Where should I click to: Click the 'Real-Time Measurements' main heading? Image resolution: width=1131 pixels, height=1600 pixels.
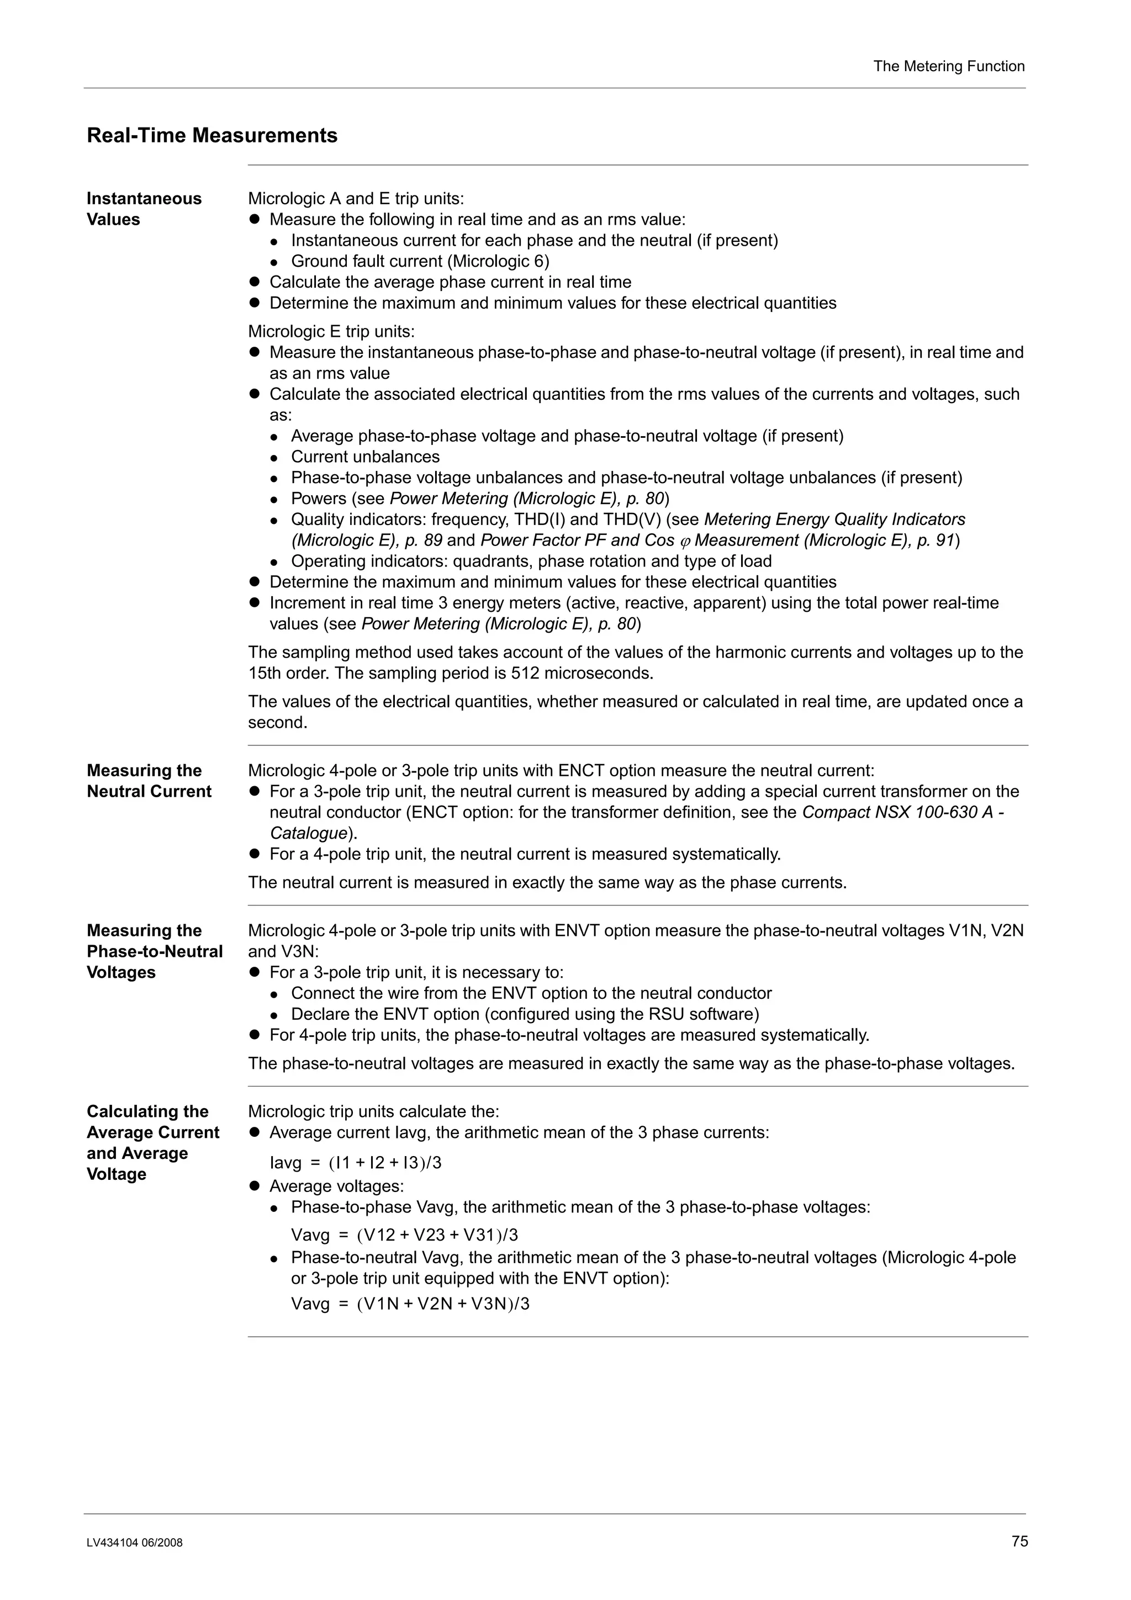click(212, 135)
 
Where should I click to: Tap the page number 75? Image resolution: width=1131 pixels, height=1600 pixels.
click(1019, 1541)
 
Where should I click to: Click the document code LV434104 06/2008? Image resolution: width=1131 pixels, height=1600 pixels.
click(135, 1543)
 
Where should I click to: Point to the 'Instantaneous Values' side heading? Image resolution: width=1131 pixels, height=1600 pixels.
click(144, 209)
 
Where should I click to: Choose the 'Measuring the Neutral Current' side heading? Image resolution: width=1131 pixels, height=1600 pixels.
click(149, 781)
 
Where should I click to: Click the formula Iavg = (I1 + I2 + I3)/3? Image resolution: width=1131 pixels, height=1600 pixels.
click(356, 1163)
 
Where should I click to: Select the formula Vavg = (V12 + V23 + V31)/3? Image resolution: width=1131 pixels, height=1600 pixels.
click(404, 1236)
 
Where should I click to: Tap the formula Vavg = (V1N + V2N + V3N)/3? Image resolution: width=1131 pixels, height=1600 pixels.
click(410, 1304)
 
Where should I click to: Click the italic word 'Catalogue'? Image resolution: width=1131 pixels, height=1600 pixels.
click(308, 834)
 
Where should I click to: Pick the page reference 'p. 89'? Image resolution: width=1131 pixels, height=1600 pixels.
click(423, 541)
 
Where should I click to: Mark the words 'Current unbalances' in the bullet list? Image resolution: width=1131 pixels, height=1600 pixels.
click(365, 457)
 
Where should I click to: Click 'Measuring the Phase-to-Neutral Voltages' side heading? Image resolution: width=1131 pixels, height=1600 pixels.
click(154, 951)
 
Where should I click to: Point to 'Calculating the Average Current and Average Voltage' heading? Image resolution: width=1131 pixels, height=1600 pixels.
click(152, 1143)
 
